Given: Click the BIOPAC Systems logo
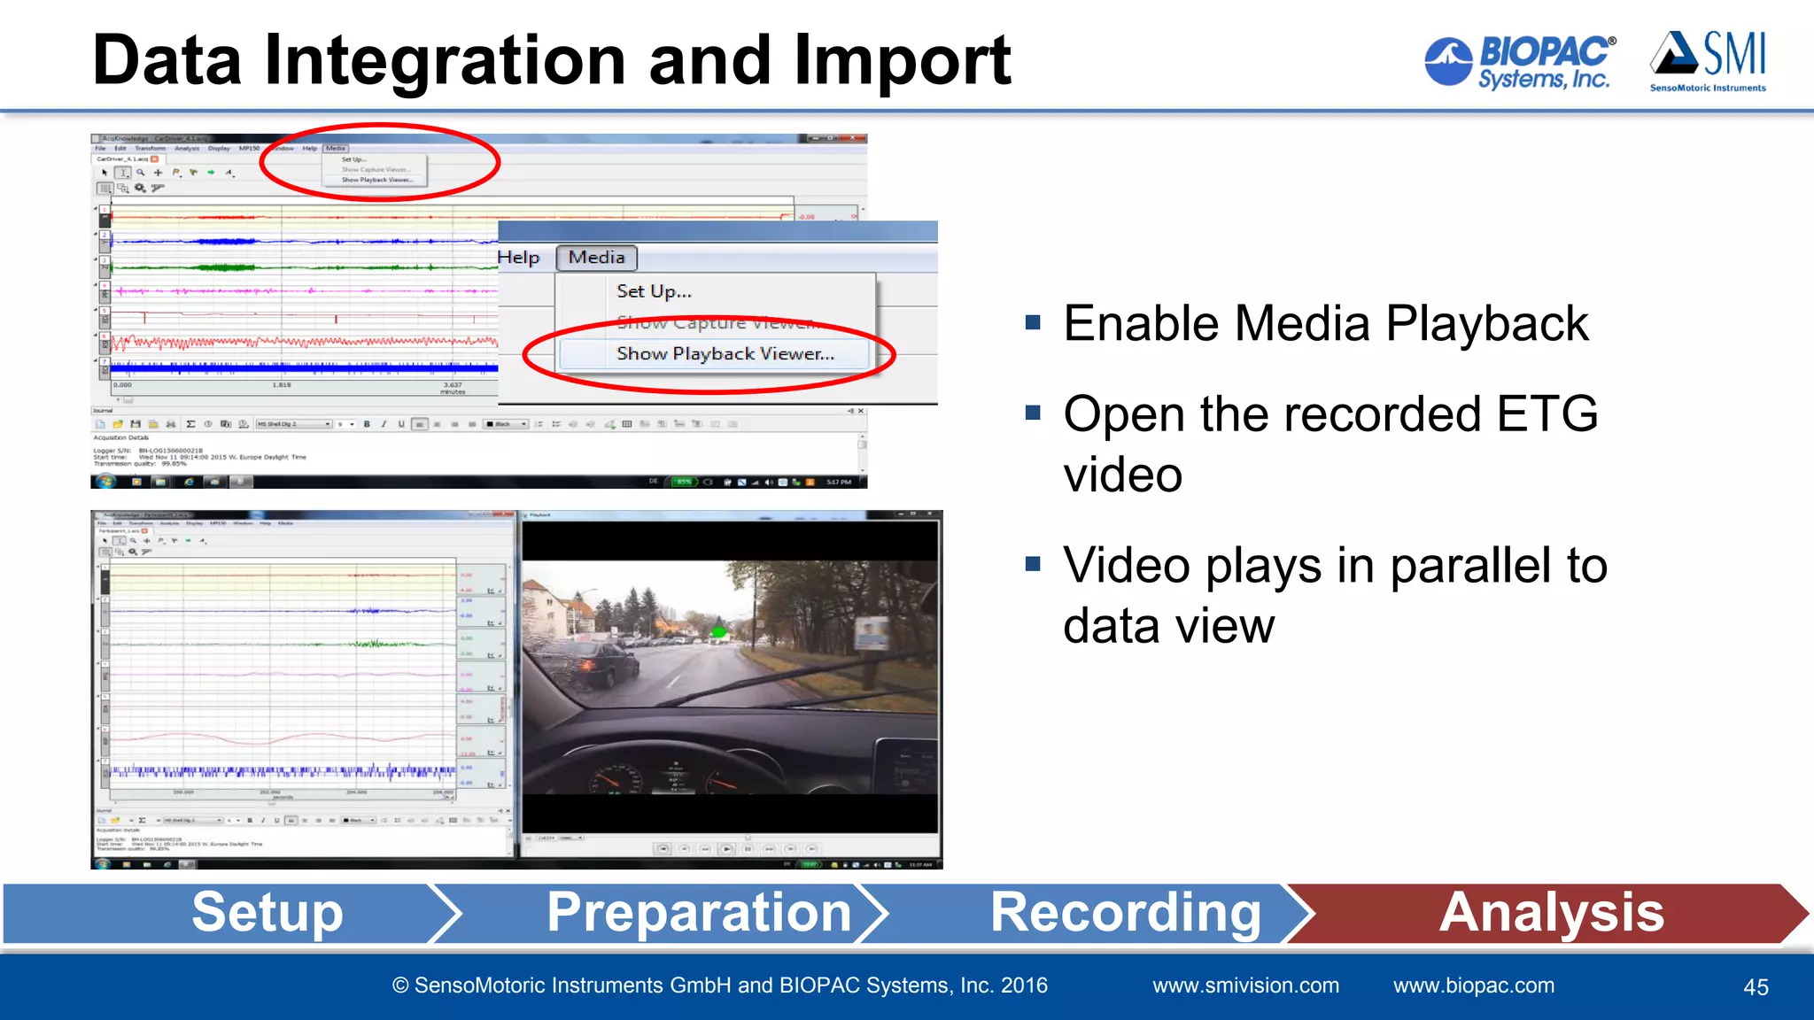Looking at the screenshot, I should [1520, 61].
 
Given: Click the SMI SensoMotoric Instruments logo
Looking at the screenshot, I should [1708, 61].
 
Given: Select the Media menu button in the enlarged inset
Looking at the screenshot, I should [596, 258].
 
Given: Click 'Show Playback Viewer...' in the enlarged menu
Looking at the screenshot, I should [725, 354].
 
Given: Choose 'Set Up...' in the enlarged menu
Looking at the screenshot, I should [654, 291].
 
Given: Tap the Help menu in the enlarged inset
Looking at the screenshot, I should [518, 258].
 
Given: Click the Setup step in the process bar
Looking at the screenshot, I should [267, 913].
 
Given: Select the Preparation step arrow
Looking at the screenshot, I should [699, 913].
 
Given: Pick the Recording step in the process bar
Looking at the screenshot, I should [1125, 913].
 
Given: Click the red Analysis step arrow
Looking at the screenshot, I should [1551, 913].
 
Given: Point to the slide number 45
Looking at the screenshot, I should [1756, 987].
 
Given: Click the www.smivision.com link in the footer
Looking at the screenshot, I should [1245, 985].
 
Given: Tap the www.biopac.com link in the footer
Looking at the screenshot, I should [1473, 985].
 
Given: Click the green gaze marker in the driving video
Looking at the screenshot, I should [719, 632].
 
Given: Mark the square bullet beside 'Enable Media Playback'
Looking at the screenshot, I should [1033, 322].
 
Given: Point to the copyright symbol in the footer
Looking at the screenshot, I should [400, 986].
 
